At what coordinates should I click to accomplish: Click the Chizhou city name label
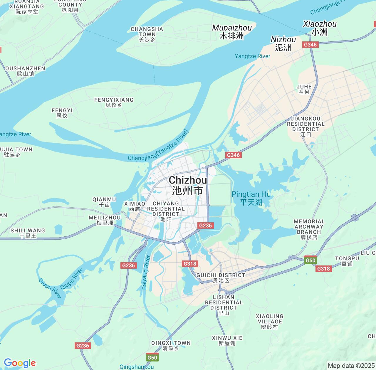coord(188,185)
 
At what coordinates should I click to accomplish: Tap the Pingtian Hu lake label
coord(251,198)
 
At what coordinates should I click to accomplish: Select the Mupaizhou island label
coord(232,32)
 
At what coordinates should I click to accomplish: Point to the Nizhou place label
coord(283,43)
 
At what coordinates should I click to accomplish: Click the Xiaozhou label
coord(320,28)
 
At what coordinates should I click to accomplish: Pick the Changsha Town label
coord(147,34)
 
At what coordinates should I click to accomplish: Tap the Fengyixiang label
coord(114,102)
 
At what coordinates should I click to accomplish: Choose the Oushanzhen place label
coord(26,71)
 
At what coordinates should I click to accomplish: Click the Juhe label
coord(304,89)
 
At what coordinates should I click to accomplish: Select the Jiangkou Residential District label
coord(305,126)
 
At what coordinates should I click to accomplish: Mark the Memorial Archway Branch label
coord(309,229)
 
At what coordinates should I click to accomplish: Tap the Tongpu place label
coord(347,261)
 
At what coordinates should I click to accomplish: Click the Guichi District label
coord(221,277)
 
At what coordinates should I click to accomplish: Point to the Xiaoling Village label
coord(270,321)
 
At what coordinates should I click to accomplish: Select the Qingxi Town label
coord(171,345)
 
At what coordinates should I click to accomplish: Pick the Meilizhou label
coord(105,220)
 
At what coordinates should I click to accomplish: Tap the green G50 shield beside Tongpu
coord(310,260)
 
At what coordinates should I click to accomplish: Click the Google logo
coord(20,363)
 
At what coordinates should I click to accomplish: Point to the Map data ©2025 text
coord(351,366)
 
